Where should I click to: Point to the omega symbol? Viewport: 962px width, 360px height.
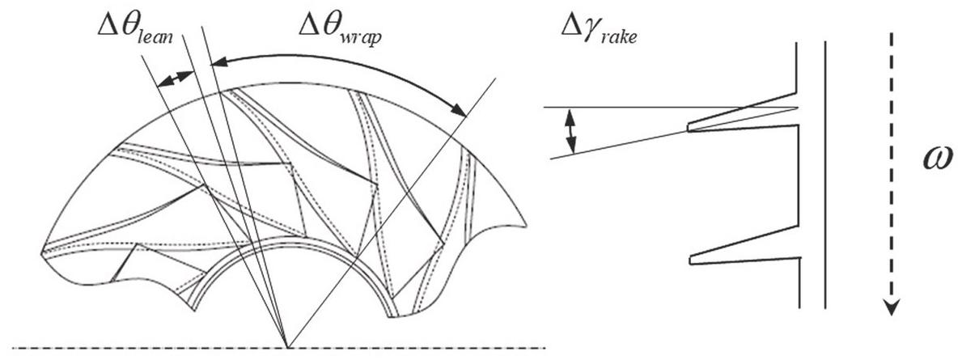[x=938, y=159]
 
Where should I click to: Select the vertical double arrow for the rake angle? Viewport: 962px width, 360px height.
[x=571, y=131]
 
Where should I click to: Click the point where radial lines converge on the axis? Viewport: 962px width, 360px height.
[x=287, y=347]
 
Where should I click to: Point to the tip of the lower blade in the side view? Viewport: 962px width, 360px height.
[x=691, y=259]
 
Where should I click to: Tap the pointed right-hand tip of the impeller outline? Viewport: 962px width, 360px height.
[x=526, y=224]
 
